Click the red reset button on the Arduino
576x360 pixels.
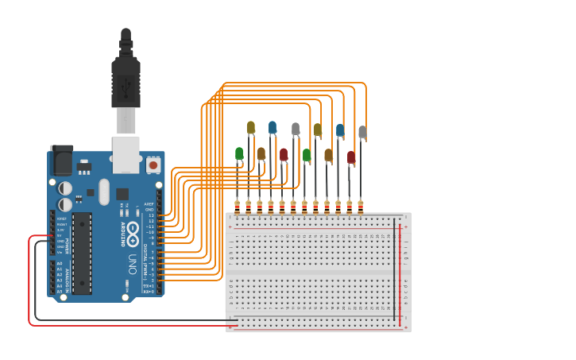pyautogui.click(x=153, y=165)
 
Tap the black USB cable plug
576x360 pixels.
pyautogui.click(x=126, y=79)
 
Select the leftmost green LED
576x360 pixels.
pyautogui.click(x=239, y=153)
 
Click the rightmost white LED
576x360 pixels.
pyautogui.click(x=362, y=132)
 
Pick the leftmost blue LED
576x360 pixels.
pyautogui.click(x=273, y=127)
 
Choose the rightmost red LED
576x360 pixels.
pyautogui.click(x=351, y=157)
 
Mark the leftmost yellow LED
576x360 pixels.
pyautogui.click(x=250, y=127)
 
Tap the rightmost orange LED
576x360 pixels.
pyautogui.click(x=328, y=155)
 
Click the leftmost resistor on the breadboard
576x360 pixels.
pyautogui.click(x=237, y=207)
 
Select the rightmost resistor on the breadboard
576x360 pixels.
pyautogui.click(x=361, y=207)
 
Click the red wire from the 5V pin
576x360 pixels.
pyautogui.click(x=30, y=286)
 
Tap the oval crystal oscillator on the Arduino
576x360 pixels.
pyautogui.click(x=103, y=191)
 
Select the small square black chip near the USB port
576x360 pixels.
pyautogui.click(x=122, y=194)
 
